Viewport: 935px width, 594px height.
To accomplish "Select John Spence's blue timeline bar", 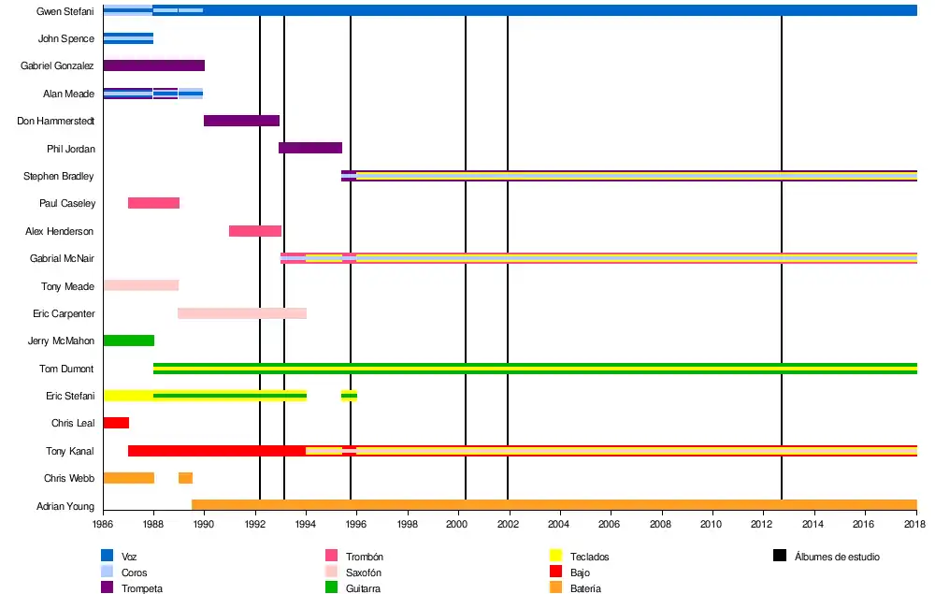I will [x=128, y=38].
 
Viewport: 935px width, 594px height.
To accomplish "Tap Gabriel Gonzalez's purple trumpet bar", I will [x=153, y=65].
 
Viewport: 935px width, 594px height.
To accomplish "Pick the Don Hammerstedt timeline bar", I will [x=241, y=121].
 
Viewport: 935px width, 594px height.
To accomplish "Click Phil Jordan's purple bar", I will [x=310, y=148].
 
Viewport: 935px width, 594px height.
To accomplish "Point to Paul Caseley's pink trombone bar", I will [x=153, y=203].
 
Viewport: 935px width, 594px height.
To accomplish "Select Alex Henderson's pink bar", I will [x=255, y=231].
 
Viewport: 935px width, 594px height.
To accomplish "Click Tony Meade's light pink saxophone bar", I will [x=140, y=285].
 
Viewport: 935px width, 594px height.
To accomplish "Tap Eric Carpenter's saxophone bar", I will [x=242, y=313].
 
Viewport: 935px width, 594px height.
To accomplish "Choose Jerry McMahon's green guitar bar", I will [x=128, y=340].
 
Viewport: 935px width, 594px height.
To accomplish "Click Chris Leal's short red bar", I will [x=116, y=423].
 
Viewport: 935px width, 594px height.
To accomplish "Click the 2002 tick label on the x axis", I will [x=508, y=526].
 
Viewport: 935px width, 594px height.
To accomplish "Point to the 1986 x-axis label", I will [x=103, y=526].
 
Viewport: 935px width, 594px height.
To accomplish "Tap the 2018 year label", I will [x=916, y=526].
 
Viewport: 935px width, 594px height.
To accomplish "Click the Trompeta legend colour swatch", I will [x=107, y=587].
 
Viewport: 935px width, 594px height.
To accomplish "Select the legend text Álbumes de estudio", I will [x=837, y=557].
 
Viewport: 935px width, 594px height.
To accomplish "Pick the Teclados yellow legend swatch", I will [x=555, y=557].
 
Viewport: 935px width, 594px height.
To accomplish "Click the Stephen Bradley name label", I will [x=59, y=176].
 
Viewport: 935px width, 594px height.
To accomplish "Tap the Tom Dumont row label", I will [x=66, y=369].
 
